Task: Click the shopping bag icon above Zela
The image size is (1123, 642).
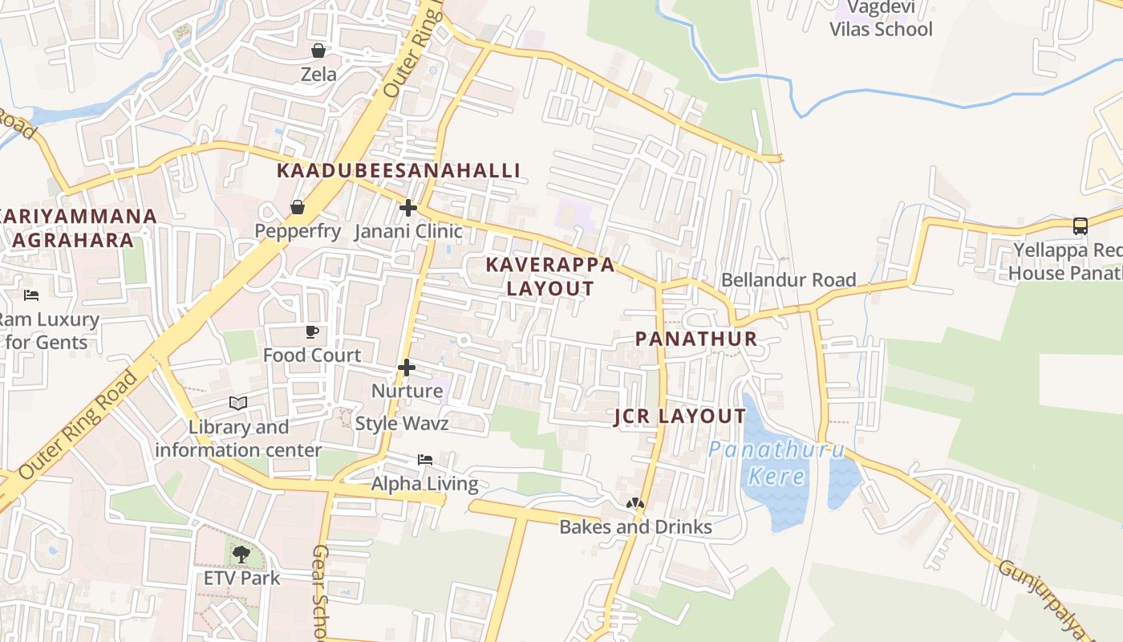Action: coord(318,51)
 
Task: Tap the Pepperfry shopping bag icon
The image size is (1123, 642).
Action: coord(298,208)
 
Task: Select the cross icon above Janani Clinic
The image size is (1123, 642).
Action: coord(408,208)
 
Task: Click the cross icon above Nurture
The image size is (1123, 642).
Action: coord(407,368)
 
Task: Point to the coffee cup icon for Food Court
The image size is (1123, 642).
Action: coord(312,332)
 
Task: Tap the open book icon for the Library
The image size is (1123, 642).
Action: coord(238,403)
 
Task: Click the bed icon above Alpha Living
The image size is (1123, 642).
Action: coord(425,460)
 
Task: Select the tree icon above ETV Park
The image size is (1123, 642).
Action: coord(241,554)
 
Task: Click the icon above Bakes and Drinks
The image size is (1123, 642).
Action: coord(635,504)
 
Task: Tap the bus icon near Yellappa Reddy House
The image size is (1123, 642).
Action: coord(1080,226)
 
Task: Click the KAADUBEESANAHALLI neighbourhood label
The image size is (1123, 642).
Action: coord(399,171)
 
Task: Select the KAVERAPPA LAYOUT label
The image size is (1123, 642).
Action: coord(550,277)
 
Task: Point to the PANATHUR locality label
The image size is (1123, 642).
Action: coord(696,339)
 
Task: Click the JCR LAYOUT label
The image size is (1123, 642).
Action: coord(679,416)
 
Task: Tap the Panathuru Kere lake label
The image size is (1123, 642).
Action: coord(776,463)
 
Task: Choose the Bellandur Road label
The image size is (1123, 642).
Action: coord(789,280)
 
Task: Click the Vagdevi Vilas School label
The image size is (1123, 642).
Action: coord(881,19)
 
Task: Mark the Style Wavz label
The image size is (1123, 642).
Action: coord(402,424)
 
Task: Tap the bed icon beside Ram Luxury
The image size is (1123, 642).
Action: coord(31,295)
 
